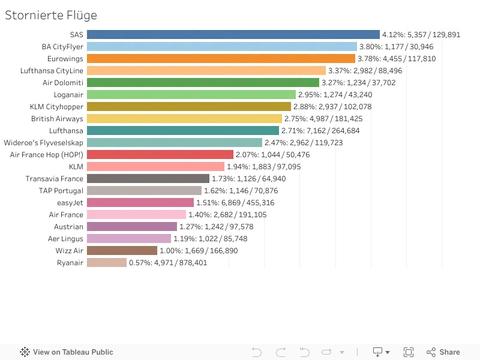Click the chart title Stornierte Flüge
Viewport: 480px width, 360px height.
(x=51, y=16)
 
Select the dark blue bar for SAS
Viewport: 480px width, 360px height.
(x=233, y=35)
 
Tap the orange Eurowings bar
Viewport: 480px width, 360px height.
(x=221, y=58)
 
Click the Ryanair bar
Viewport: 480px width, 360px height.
(x=107, y=262)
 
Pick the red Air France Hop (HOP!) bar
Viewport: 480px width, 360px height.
(x=160, y=155)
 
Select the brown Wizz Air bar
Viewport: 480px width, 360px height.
(x=122, y=250)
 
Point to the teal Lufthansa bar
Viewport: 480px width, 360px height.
(x=183, y=130)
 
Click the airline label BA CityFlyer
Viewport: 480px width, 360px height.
(x=62, y=47)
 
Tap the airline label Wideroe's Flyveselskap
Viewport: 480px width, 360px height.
(x=43, y=143)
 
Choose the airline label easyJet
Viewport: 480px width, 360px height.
(x=70, y=203)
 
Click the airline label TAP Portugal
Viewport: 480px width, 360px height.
(x=61, y=191)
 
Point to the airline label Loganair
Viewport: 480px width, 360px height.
(x=68, y=95)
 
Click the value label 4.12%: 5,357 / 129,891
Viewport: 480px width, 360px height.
(x=421, y=35)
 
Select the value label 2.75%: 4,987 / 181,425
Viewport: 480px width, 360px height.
(x=323, y=119)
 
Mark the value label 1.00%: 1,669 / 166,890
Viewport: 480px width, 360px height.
(x=199, y=251)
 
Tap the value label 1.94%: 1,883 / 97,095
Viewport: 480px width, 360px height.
(x=263, y=167)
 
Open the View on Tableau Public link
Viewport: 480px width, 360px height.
(x=67, y=352)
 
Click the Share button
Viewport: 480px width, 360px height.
(x=443, y=352)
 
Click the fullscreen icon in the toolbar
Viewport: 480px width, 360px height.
(x=409, y=352)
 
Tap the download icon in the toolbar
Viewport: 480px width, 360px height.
(x=378, y=352)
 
